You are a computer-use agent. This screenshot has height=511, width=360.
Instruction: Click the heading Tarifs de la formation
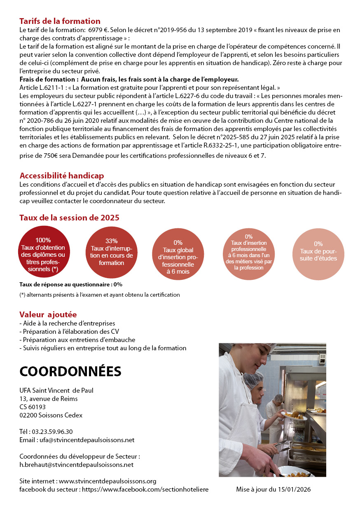click(60, 21)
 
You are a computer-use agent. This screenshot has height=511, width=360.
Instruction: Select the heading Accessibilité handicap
click(61, 176)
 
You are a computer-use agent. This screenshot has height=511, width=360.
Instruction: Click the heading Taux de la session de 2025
click(69, 218)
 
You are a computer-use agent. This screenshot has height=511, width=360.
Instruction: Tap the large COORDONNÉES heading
click(70, 371)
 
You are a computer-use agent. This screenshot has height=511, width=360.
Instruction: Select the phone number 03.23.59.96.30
click(52, 431)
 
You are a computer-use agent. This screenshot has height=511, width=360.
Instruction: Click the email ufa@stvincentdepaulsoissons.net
click(87, 440)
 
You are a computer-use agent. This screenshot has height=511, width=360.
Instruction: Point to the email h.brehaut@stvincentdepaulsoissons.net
click(76, 464)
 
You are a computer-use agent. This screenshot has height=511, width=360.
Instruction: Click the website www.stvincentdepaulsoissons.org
click(108, 481)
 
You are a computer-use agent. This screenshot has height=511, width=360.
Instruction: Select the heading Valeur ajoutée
click(48, 315)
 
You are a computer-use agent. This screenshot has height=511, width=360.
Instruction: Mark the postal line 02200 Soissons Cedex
click(51, 415)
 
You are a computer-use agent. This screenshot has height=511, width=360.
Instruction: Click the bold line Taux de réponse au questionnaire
click(70, 284)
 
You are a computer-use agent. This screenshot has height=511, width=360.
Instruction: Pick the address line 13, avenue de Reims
click(48, 398)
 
